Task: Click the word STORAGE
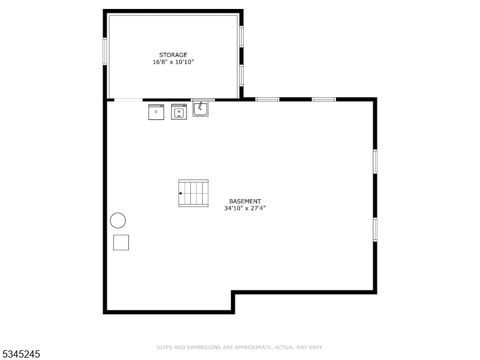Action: tap(173, 55)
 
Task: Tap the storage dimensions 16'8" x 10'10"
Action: tap(173, 62)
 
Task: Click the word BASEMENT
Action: tap(245, 202)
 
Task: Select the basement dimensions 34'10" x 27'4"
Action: tap(245, 208)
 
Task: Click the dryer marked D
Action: tap(156, 112)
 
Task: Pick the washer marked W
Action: tap(179, 112)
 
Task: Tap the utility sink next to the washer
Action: tap(200, 109)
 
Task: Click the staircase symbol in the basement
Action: tap(193, 193)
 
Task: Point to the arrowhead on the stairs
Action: tap(180, 193)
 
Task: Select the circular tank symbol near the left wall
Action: tap(118, 221)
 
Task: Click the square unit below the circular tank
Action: tap(121, 242)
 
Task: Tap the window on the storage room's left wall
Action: tap(105, 52)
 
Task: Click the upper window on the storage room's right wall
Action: tap(241, 36)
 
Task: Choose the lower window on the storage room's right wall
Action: tap(241, 75)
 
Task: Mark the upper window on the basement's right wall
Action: tap(375, 161)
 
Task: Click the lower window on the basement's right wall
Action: tap(375, 229)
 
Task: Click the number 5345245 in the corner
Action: tap(21, 355)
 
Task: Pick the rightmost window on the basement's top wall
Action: tap(323, 99)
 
